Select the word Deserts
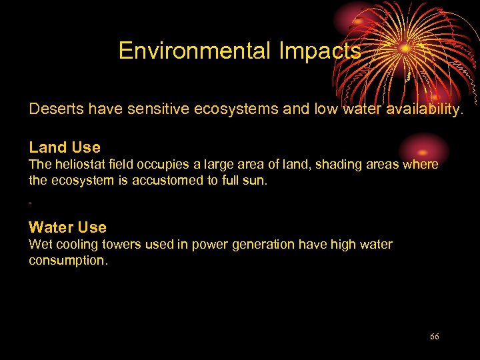click(55, 109)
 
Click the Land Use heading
click(65, 147)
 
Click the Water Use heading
click(67, 227)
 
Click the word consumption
click(67, 260)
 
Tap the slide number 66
click(435, 337)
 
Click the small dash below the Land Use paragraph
click(31, 201)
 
